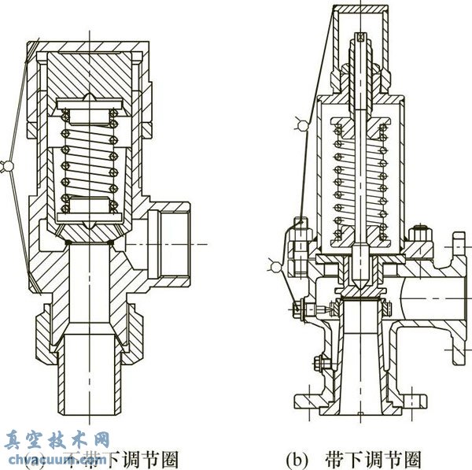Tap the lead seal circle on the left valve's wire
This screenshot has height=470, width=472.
coord(8,165)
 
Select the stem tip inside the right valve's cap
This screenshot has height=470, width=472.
coord(360,38)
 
